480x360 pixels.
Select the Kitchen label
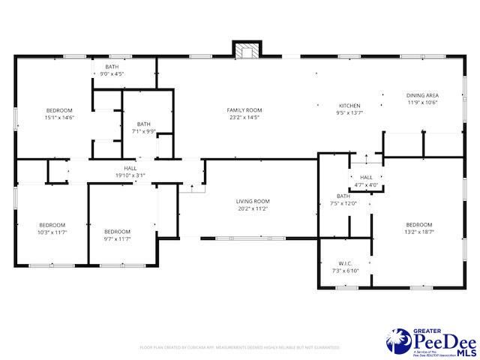(350, 106)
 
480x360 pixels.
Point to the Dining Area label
(422, 95)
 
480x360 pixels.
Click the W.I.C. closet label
(346, 263)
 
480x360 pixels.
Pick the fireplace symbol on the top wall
(246, 51)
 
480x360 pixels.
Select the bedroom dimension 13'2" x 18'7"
(419, 232)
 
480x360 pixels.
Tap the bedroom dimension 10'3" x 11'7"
(52, 232)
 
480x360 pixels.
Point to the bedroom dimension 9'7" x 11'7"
(117, 238)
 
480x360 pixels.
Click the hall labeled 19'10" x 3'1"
(130, 175)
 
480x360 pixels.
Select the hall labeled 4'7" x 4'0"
(366, 184)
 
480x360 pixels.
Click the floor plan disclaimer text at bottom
(239, 347)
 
